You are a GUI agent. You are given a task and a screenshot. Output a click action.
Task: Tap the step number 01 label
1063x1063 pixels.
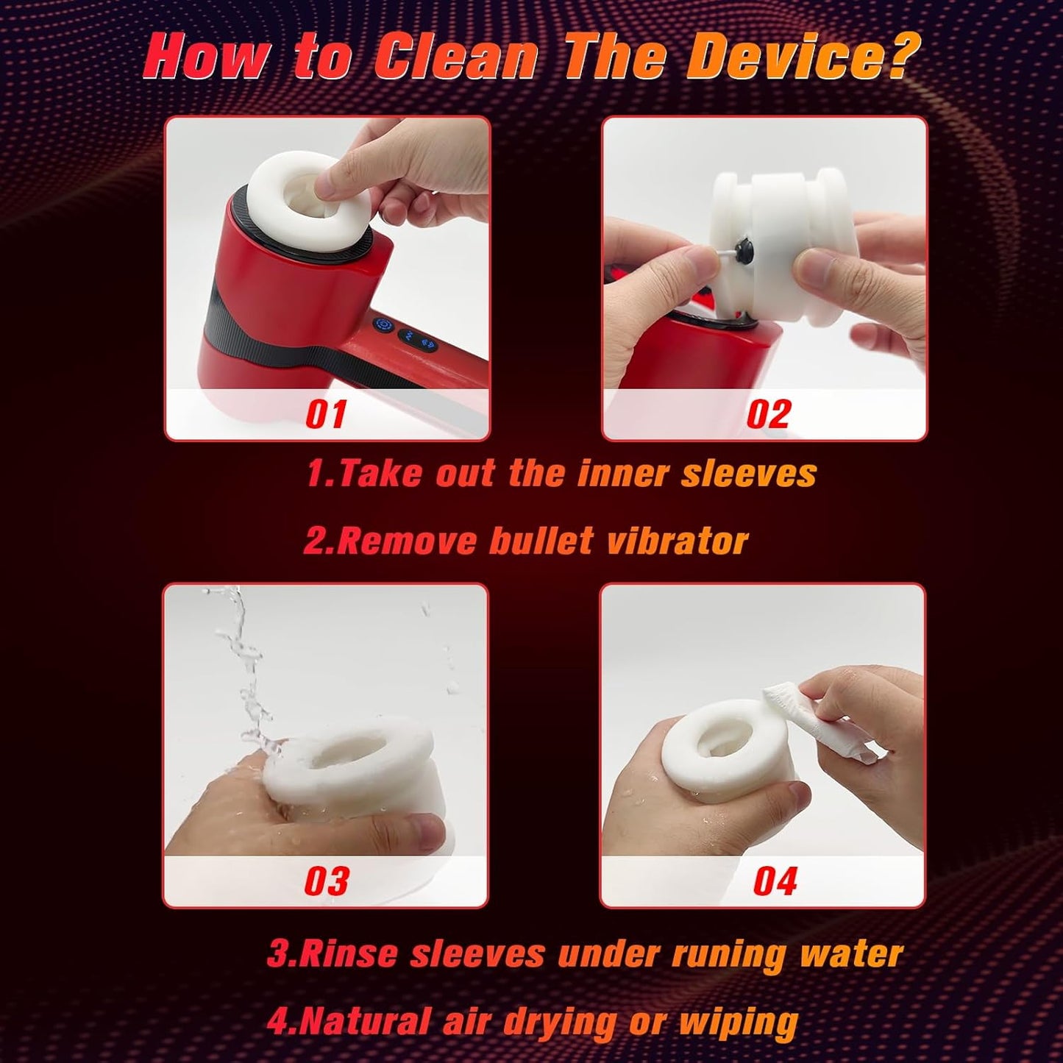326,413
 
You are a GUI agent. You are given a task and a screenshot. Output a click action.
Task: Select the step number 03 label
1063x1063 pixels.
326,881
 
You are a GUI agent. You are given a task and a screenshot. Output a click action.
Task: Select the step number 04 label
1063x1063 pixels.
775,881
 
